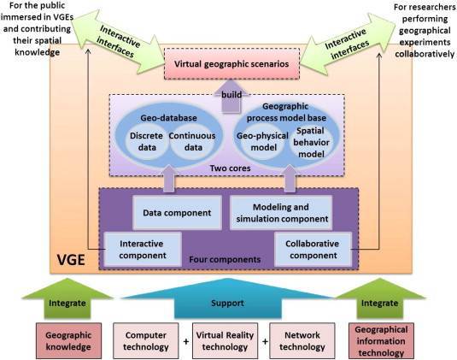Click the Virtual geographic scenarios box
click(x=231, y=64)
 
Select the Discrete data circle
click(x=146, y=141)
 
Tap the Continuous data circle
click(x=192, y=141)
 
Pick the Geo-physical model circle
click(x=263, y=142)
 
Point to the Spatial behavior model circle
click(x=311, y=143)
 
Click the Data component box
click(x=177, y=213)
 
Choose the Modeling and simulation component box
click(x=281, y=213)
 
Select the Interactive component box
click(x=143, y=250)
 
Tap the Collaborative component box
click(x=313, y=250)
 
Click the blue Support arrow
click(x=227, y=300)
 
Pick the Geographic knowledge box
click(x=68, y=340)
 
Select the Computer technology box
click(x=146, y=340)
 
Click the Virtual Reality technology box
click(x=225, y=340)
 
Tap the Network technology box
click(x=302, y=340)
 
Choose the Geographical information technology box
click(x=381, y=340)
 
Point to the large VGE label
click(x=71, y=260)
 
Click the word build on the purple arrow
click(x=231, y=95)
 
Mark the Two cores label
click(x=231, y=168)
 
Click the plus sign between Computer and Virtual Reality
click(x=185, y=341)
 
